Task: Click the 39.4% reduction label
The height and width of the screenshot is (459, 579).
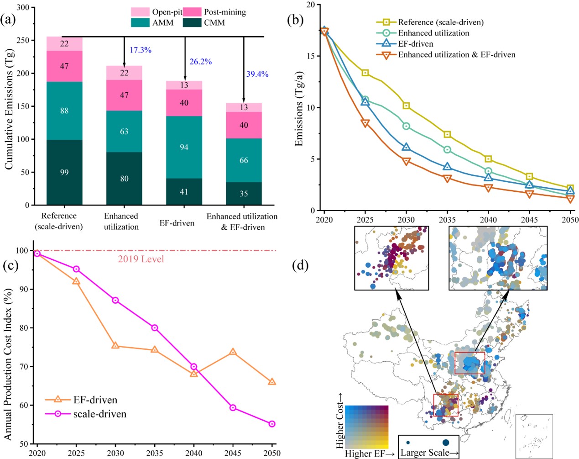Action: [x=257, y=74]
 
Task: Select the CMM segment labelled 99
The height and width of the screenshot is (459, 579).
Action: [x=64, y=172]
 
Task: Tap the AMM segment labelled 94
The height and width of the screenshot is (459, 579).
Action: [x=184, y=147]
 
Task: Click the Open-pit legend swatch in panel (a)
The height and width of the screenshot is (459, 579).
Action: [x=140, y=12]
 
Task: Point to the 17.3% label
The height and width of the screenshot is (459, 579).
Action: [x=140, y=50]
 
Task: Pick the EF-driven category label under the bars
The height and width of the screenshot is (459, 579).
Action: [x=177, y=223]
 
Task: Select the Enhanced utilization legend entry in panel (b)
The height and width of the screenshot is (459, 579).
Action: [x=433, y=33]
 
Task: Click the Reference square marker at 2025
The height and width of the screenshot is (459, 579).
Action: [x=365, y=73]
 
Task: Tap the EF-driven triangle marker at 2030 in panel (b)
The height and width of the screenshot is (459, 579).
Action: [x=406, y=147]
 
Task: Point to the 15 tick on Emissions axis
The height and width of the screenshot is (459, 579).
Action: [x=310, y=56]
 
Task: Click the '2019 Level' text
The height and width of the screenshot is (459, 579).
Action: [x=141, y=259]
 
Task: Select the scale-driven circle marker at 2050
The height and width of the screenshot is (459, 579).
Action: [x=272, y=424]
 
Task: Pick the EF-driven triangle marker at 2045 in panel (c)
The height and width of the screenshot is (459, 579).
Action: [x=233, y=352]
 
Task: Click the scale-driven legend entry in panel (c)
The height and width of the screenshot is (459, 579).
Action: [x=99, y=414]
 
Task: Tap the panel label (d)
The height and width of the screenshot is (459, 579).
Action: [x=300, y=265]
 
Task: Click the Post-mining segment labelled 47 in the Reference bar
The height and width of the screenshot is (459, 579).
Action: [x=64, y=66]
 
